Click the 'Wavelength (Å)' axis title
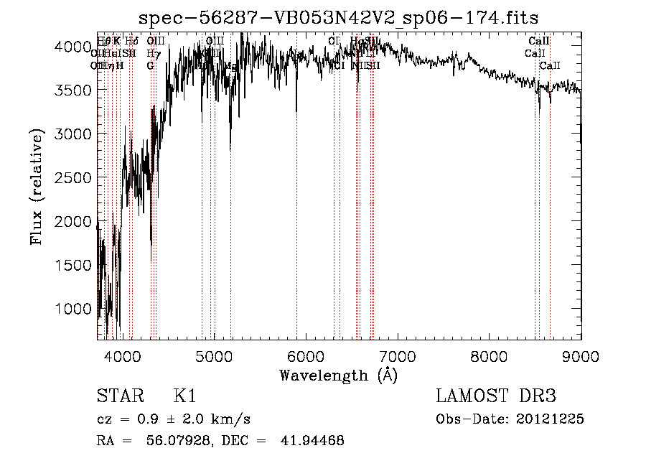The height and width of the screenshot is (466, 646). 338,375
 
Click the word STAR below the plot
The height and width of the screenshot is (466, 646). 119,396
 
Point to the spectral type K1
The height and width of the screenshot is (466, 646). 184,396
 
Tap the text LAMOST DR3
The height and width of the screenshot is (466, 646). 495,396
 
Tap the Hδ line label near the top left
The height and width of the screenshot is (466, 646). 132,41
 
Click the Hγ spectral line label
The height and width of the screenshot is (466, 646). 152,53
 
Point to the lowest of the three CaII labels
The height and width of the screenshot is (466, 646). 550,66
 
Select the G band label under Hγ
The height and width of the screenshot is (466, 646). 150,66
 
